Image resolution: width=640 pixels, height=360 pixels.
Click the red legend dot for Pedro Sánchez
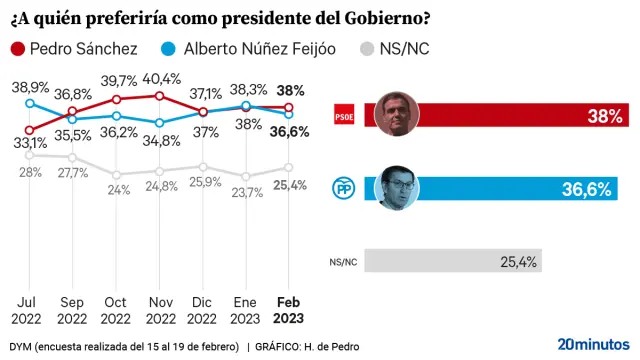(x=17, y=49)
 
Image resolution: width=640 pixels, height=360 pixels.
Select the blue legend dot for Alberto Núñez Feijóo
(x=169, y=49)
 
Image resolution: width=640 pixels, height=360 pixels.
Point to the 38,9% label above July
(x=29, y=88)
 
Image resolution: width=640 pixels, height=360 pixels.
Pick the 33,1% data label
(x=29, y=143)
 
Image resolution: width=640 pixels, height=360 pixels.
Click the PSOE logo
(x=343, y=116)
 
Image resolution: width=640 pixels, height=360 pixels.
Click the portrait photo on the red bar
(x=396, y=114)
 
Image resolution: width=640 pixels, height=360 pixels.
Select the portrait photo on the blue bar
(x=396, y=186)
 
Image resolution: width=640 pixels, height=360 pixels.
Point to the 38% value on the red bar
(x=605, y=117)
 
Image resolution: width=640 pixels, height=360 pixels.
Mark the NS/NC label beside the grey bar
(x=342, y=262)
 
